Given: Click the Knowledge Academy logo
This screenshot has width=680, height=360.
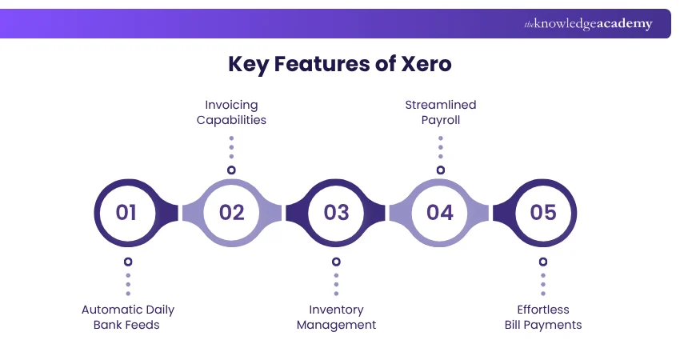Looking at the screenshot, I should click(x=588, y=24).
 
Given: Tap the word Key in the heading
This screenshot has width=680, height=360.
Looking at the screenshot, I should click(x=249, y=64).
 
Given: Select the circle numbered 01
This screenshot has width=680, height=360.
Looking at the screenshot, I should click(x=126, y=212).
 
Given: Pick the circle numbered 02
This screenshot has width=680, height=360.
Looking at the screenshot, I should click(x=231, y=212).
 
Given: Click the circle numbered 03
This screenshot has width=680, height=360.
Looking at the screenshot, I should click(x=336, y=212).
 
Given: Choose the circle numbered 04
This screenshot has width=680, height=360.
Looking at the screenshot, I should click(x=440, y=212).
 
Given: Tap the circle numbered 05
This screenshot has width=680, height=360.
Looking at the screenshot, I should click(x=543, y=212).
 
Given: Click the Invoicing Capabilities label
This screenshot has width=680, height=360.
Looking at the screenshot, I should click(x=231, y=113).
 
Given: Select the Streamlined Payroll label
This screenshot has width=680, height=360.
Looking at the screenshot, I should click(x=440, y=113).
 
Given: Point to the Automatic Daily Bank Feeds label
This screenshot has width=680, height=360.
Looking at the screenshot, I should click(x=128, y=317).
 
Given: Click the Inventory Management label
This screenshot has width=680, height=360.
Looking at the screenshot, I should click(x=336, y=317).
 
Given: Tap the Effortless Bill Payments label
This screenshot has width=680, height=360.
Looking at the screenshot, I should click(x=543, y=317).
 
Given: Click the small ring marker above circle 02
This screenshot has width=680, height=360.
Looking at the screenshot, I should click(x=231, y=170).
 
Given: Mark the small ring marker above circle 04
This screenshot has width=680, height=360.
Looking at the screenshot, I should click(x=440, y=170).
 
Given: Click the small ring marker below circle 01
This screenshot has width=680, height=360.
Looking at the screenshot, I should click(x=128, y=262).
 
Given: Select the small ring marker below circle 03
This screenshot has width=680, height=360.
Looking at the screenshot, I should click(x=336, y=262).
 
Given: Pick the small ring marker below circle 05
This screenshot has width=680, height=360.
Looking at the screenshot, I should click(x=543, y=262).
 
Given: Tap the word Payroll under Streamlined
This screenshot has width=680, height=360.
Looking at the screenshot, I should click(x=440, y=120).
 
